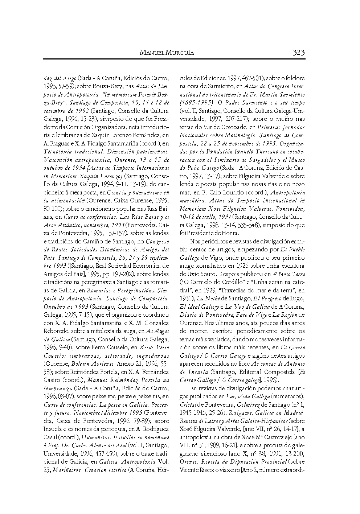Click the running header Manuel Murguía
pyautogui.click(x=167, y=53)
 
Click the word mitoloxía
pyautogui.click(x=114, y=331)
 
